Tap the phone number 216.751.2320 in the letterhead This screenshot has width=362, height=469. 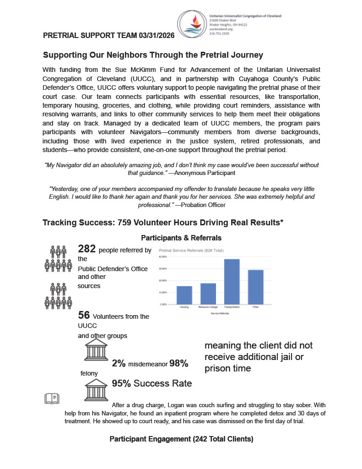point(219,33)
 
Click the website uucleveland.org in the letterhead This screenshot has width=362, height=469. point(221,29)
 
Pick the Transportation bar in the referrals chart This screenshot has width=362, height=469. point(232,281)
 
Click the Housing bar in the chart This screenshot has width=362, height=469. point(184,295)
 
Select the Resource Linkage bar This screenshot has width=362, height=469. point(208,294)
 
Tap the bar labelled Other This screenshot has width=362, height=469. point(255,287)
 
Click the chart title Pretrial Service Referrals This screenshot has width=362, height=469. point(188,251)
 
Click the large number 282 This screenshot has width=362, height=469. point(87,249)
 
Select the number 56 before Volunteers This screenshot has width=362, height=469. point(84,315)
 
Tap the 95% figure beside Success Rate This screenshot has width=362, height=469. point(121,383)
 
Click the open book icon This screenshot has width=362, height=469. point(52,398)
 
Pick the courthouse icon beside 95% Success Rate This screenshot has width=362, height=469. point(96,390)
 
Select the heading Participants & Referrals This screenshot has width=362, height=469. point(181,238)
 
